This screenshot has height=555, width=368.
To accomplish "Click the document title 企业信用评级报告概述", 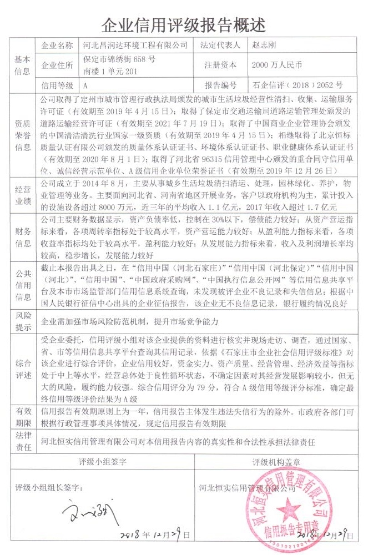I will [x=183, y=24].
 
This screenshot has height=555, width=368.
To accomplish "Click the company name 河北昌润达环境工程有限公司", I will [x=134, y=46].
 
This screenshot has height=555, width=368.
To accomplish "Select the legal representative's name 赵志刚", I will [x=265, y=46].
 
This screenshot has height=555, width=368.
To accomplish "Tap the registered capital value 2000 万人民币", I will [x=276, y=65].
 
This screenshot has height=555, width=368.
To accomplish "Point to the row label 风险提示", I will [x=22, y=321].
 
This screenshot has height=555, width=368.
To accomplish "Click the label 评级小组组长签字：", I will [x=48, y=488].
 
